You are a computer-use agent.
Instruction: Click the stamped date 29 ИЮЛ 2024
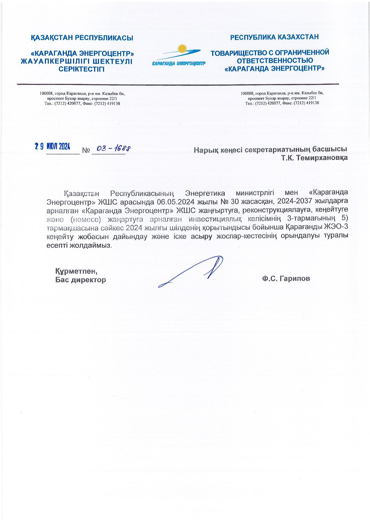point(53,146)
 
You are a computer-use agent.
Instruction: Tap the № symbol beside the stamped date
point(86,151)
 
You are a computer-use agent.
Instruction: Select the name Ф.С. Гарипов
point(286,279)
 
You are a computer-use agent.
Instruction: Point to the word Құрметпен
point(76,272)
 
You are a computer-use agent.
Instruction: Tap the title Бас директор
point(81,280)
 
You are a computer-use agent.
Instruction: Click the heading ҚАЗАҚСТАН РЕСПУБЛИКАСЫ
point(82,38)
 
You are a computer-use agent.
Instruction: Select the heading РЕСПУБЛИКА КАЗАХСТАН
point(274,37)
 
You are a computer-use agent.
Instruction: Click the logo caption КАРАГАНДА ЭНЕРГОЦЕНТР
point(179,64)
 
